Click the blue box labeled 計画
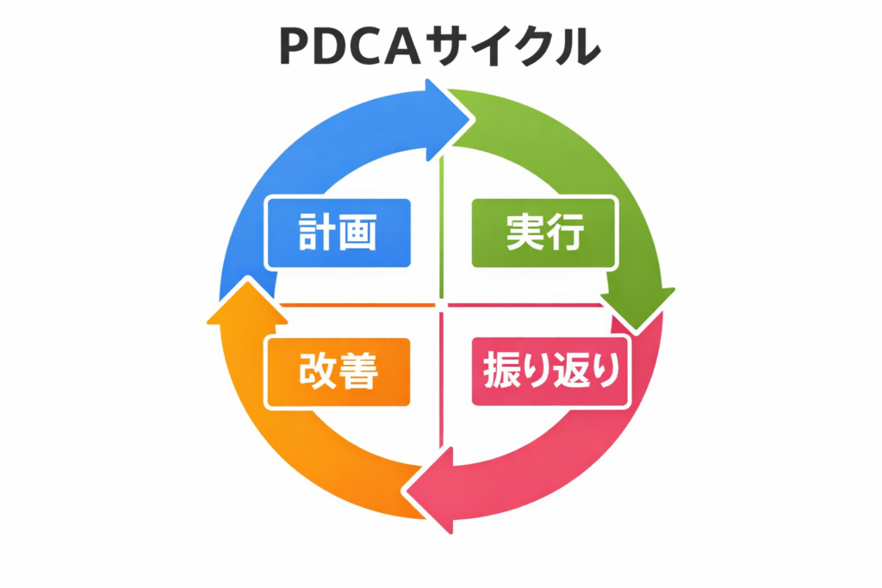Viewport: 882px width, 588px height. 339,232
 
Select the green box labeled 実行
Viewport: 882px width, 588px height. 544,232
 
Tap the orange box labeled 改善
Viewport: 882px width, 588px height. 339,372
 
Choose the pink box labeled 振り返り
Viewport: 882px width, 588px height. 551,372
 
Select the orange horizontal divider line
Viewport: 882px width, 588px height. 357,305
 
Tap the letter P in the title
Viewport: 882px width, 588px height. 296,46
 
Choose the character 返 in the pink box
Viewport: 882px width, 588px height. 569,372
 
